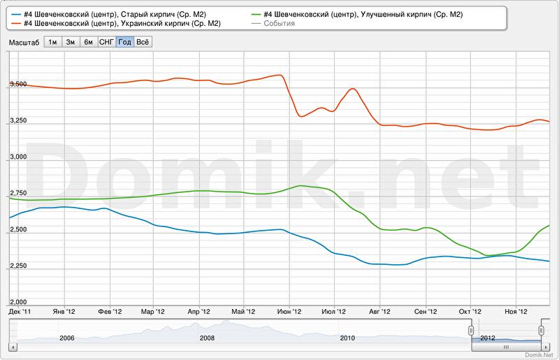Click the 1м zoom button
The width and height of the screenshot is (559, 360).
tap(52, 42)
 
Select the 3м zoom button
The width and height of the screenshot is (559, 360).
tap(71, 42)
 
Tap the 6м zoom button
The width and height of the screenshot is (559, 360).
tap(88, 42)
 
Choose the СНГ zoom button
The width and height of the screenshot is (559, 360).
tap(106, 42)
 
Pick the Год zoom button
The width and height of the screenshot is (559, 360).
tap(125, 42)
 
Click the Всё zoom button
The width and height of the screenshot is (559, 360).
tap(143, 42)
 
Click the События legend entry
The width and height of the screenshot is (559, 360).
tap(279, 24)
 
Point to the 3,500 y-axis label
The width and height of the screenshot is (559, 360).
tap(16, 85)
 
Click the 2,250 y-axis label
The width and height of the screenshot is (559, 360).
tap(16, 266)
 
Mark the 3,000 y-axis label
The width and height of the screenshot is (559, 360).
tap(16, 157)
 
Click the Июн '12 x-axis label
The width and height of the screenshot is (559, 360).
tap(289, 311)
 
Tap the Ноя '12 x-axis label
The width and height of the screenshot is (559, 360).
tap(516, 311)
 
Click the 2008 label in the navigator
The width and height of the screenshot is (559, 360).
tap(208, 338)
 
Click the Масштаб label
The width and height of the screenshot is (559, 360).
tap(24, 43)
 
